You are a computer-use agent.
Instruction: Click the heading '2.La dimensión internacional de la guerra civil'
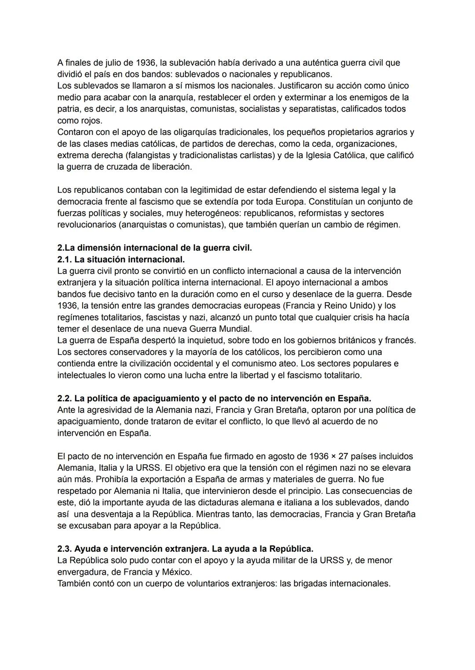coord(154,248)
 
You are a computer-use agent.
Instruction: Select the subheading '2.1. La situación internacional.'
coord(121,259)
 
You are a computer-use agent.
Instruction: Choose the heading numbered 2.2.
coord(214,398)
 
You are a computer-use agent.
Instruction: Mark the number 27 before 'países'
coord(343,456)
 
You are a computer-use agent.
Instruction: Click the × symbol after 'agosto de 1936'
coord(333,456)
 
